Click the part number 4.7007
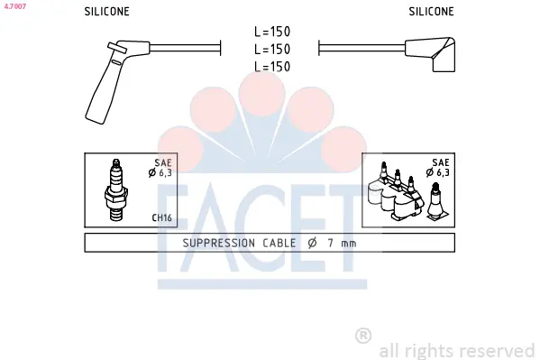pos(14,6)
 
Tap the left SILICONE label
pos(106,12)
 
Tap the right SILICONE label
pos(431,12)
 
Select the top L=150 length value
pos(272,32)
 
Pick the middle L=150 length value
pos(272,50)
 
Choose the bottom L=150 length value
pos(272,67)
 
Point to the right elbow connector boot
pos(431,53)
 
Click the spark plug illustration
pos(116,189)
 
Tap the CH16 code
pos(162,218)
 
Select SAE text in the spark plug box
pos(163,162)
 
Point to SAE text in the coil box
pos(441,162)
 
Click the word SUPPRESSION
pos(219,243)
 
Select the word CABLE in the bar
pos(279,243)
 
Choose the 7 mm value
pos(342,243)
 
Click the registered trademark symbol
pos(363,336)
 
